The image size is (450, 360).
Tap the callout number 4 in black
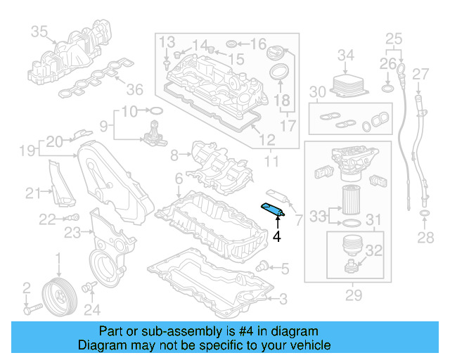point(277,237)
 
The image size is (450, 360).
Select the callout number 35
point(39,31)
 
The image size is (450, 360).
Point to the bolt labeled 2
point(30,308)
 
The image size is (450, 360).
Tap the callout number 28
point(425,238)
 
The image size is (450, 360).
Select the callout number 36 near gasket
point(134,89)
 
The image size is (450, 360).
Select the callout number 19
point(27,150)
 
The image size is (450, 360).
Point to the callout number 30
point(318,92)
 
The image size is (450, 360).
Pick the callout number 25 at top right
point(394,37)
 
